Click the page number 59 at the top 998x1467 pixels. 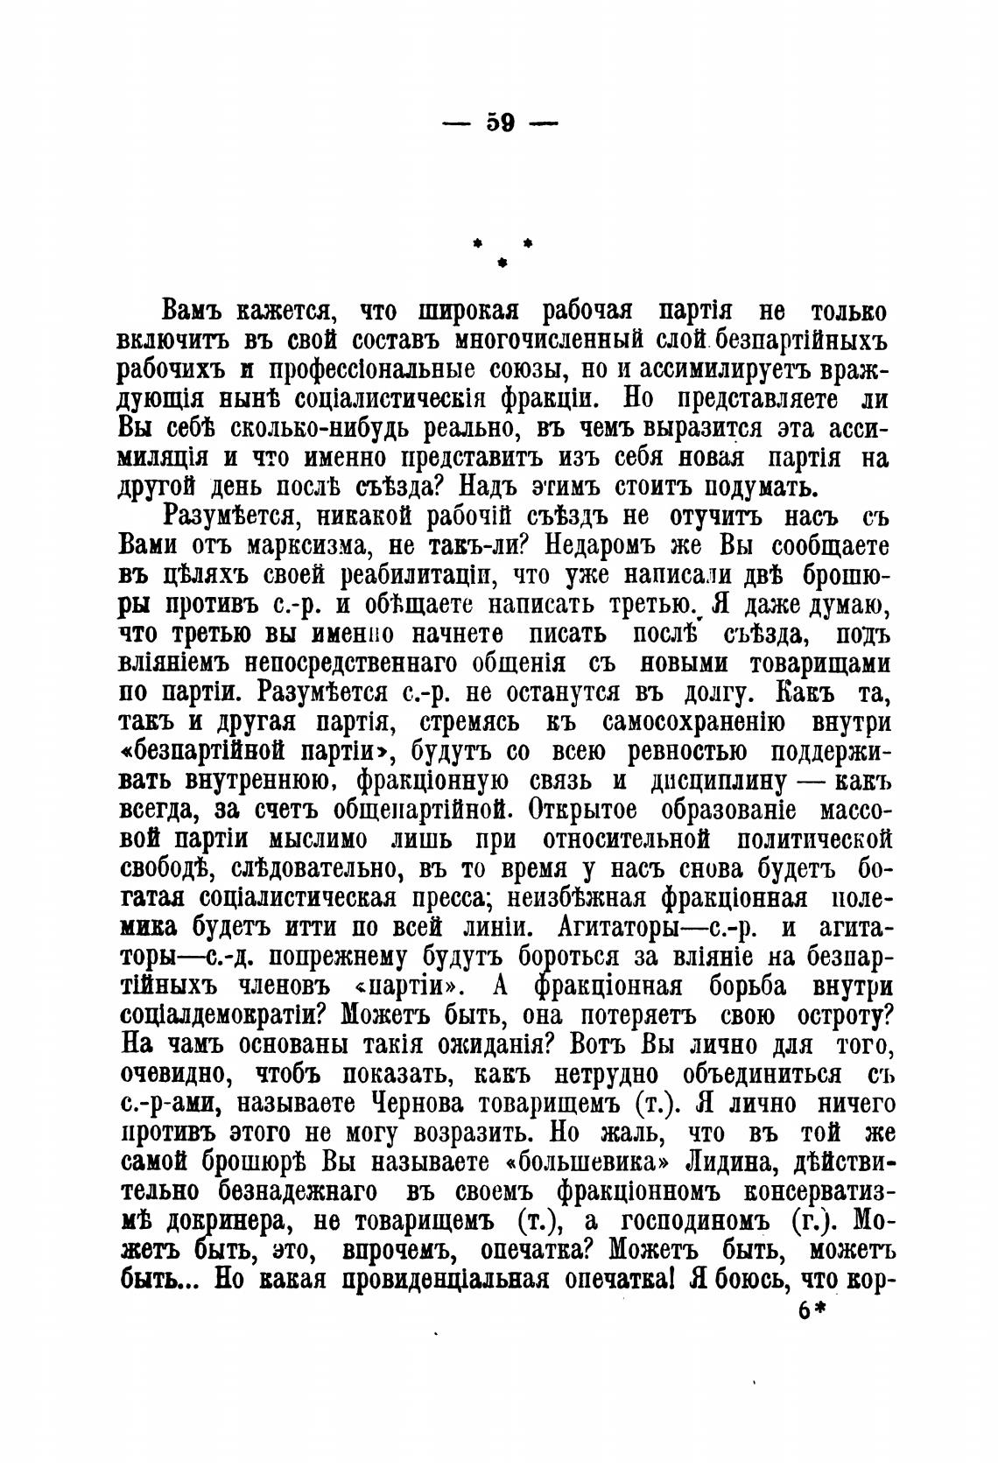500,123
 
